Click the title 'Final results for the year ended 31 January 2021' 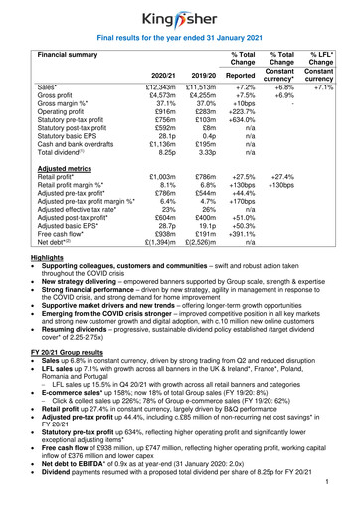(179, 39)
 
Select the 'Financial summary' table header (64, 57)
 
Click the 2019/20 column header (203, 74)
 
